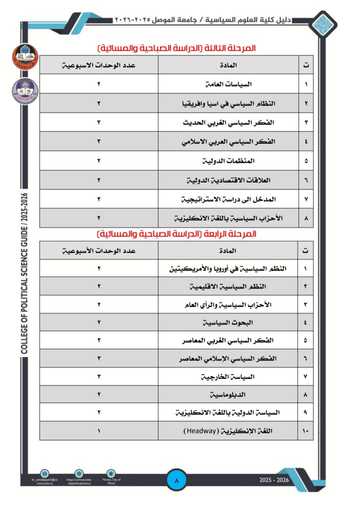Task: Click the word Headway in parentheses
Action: pos(201,431)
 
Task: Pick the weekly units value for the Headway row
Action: pos(99,431)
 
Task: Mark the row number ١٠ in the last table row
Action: pos(305,431)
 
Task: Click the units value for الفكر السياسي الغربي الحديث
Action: pos(99,122)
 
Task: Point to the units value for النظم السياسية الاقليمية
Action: pos(99,286)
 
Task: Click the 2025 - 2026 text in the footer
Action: pos(274,480)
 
